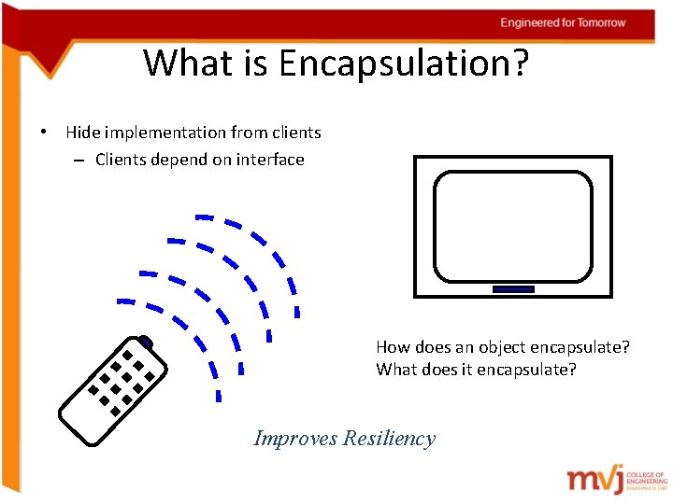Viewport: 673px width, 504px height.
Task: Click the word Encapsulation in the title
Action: (393, 63)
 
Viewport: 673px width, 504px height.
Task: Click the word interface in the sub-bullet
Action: (270, 160)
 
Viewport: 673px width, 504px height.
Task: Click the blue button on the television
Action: (513, 289)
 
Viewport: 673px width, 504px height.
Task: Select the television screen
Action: (513, 227)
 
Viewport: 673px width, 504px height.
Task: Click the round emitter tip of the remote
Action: (145, 342)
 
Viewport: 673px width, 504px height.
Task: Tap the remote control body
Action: (112, 392)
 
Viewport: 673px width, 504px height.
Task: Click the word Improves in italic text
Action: (295, 438)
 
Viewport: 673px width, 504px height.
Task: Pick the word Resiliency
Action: (389, 438)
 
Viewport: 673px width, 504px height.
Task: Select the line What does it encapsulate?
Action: (476, 370)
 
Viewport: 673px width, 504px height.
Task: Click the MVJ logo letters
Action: (595, 479)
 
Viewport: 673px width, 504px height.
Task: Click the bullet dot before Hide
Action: (45, 133)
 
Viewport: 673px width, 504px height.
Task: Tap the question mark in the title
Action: (520, 63)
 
